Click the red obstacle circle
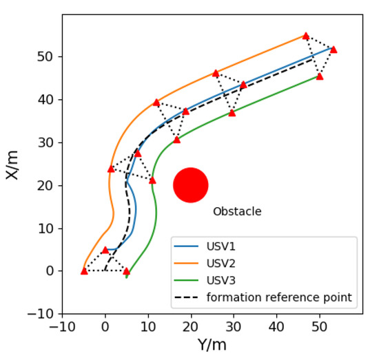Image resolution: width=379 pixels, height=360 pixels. [x=191, y=185]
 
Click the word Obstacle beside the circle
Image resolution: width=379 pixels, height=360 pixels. [x=236, y=211]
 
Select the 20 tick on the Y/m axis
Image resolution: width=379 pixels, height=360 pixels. [x=191, y=325]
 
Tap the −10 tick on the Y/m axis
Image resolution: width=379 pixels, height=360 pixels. [x=62, y=325]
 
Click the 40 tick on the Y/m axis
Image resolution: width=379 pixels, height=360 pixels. [x=276, y=325]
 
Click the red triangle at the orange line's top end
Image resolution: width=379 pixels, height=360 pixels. [x=306, y=36]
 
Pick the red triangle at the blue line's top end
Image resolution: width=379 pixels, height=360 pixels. [x=334, y=50]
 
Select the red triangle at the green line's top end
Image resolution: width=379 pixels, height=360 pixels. [x=320, y=76]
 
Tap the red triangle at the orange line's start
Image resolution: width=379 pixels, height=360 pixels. [x=84, y=271]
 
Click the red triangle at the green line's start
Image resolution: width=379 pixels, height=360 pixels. [x=126, y=271]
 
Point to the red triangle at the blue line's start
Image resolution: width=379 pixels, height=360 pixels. [x=105, y=251]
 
